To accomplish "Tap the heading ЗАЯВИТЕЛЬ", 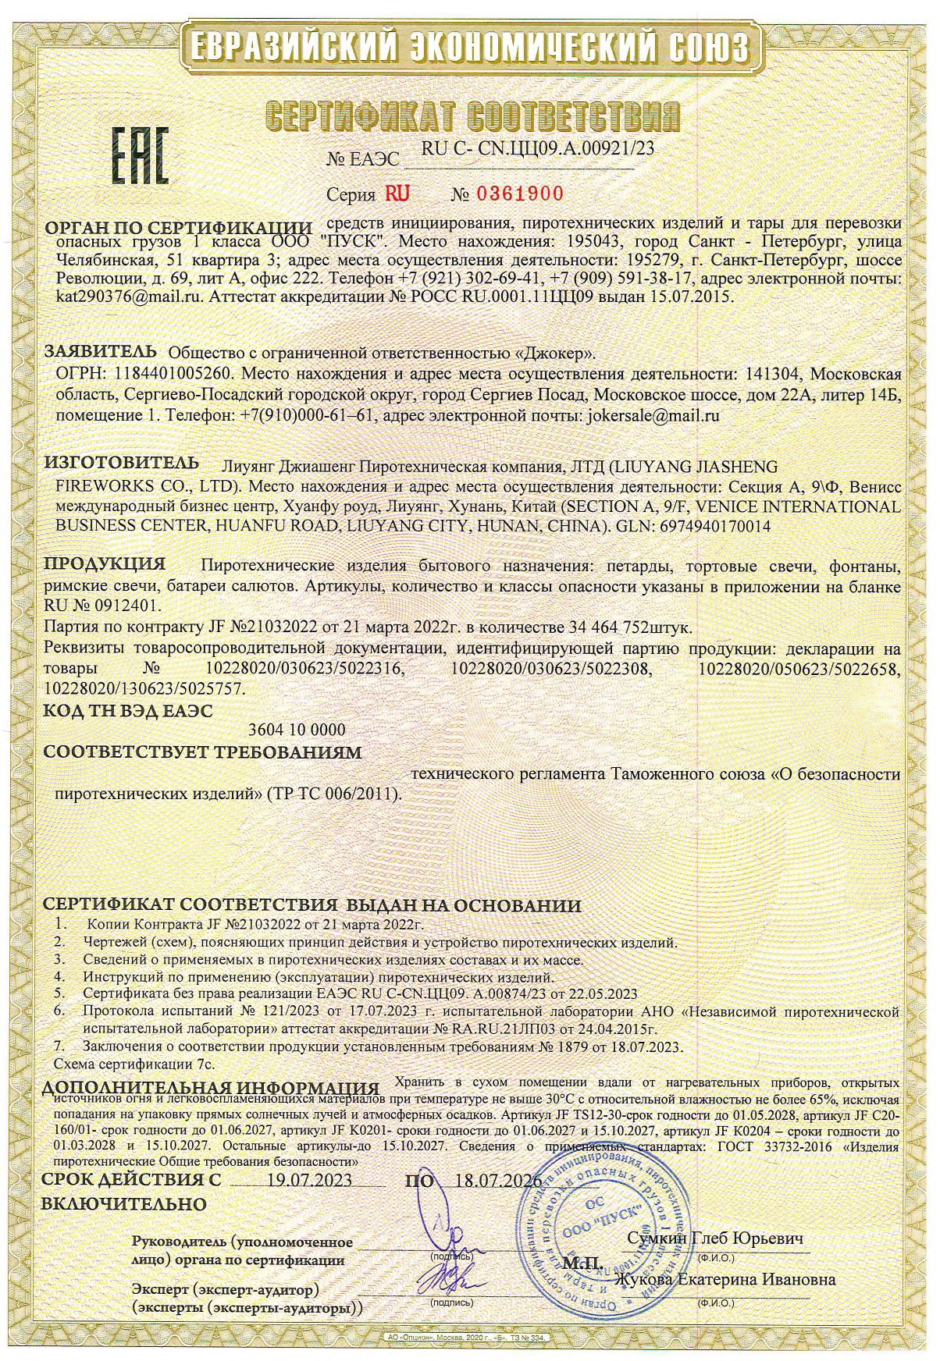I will click(101, 350).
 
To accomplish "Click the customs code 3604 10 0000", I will click(296, 730).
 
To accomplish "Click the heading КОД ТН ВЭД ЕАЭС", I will click(127, 710).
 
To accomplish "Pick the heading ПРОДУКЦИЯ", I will click(105, 563).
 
